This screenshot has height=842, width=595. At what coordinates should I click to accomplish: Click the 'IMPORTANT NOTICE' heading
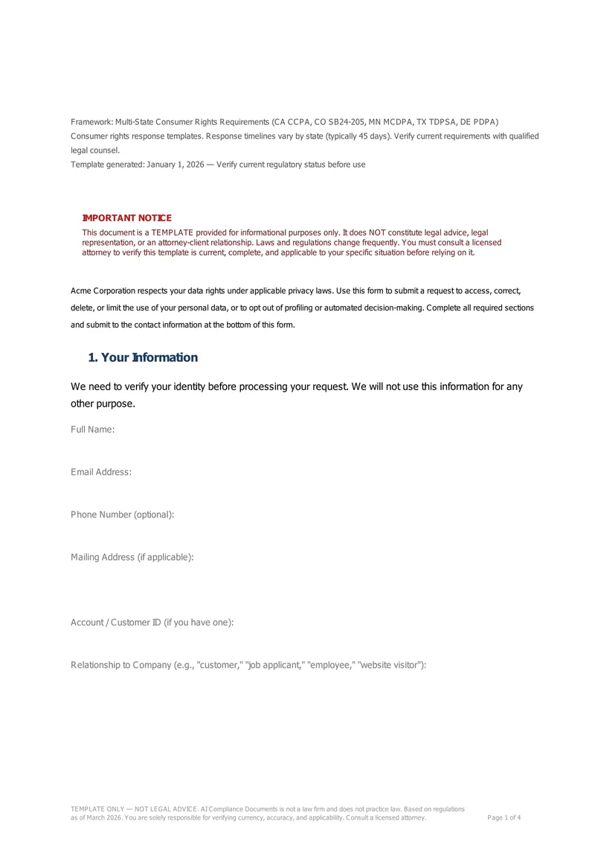[x=126, y=217]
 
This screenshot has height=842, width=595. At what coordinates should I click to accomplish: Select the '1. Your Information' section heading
[x=143, y=357]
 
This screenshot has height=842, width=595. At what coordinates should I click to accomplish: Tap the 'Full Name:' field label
[x=92, y=430]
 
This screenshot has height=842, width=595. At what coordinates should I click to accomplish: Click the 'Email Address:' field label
[x=101, y=472]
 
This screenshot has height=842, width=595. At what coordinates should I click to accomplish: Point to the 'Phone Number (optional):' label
[x=123, y=514]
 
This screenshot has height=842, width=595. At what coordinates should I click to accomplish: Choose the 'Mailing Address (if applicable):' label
[x=132, y=557]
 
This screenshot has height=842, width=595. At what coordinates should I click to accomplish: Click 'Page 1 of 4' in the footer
[x=504, y=817]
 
